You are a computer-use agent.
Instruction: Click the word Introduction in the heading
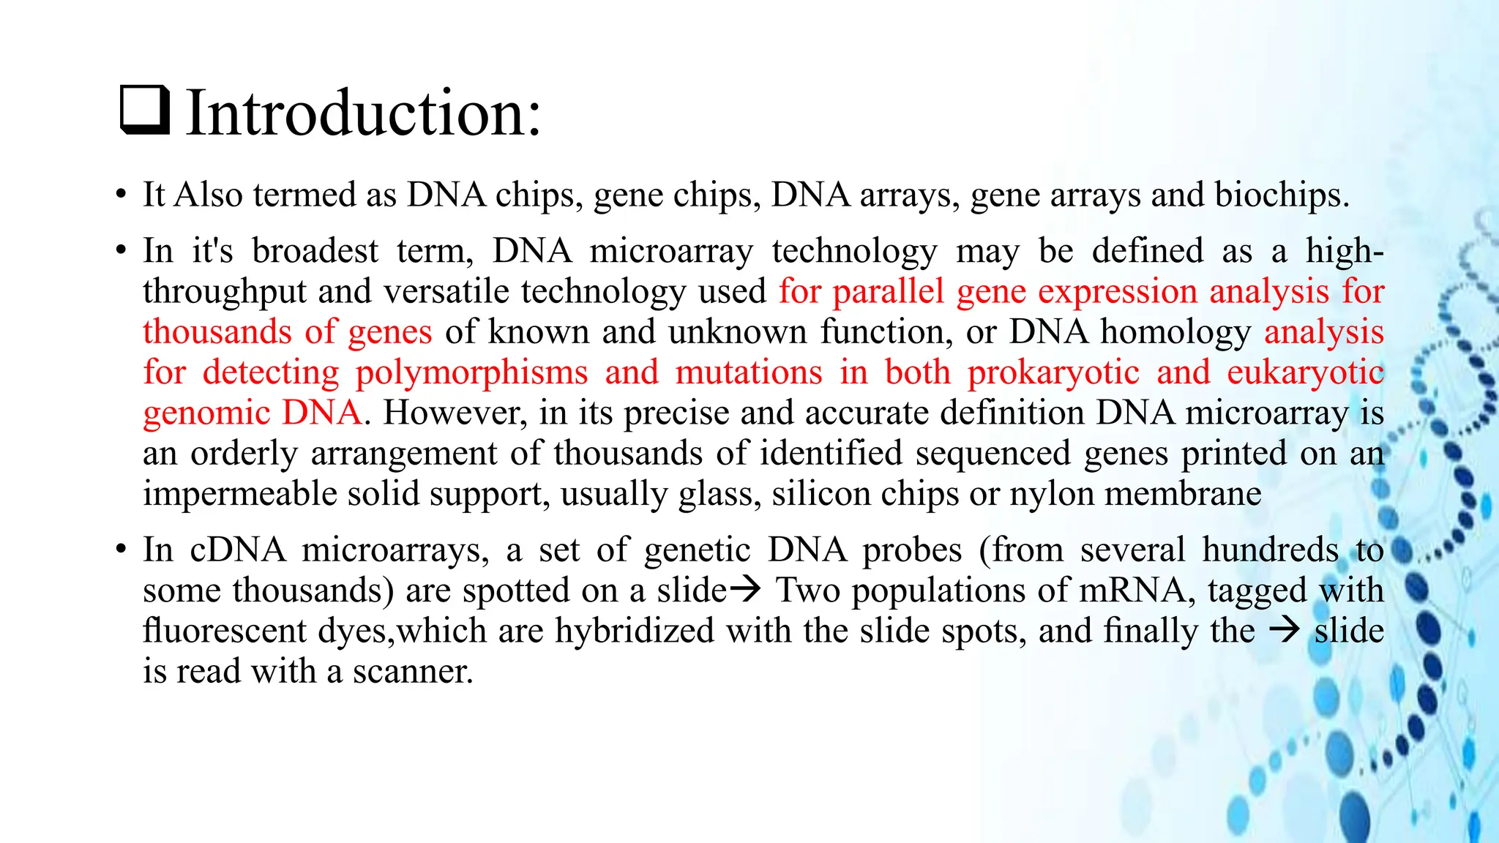[363, 113]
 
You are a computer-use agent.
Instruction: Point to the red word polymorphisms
[471, 372]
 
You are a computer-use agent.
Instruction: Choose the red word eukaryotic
[1305, 372]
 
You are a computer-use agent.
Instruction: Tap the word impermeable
[239, 494]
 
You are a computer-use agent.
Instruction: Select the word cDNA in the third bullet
[238, 550]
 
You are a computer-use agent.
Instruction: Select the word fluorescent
[224, 631]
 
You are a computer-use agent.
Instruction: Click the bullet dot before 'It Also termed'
[121, 196]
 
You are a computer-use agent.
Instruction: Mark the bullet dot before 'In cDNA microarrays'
[121, 550]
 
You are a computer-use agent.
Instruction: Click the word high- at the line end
[1345, 251]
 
